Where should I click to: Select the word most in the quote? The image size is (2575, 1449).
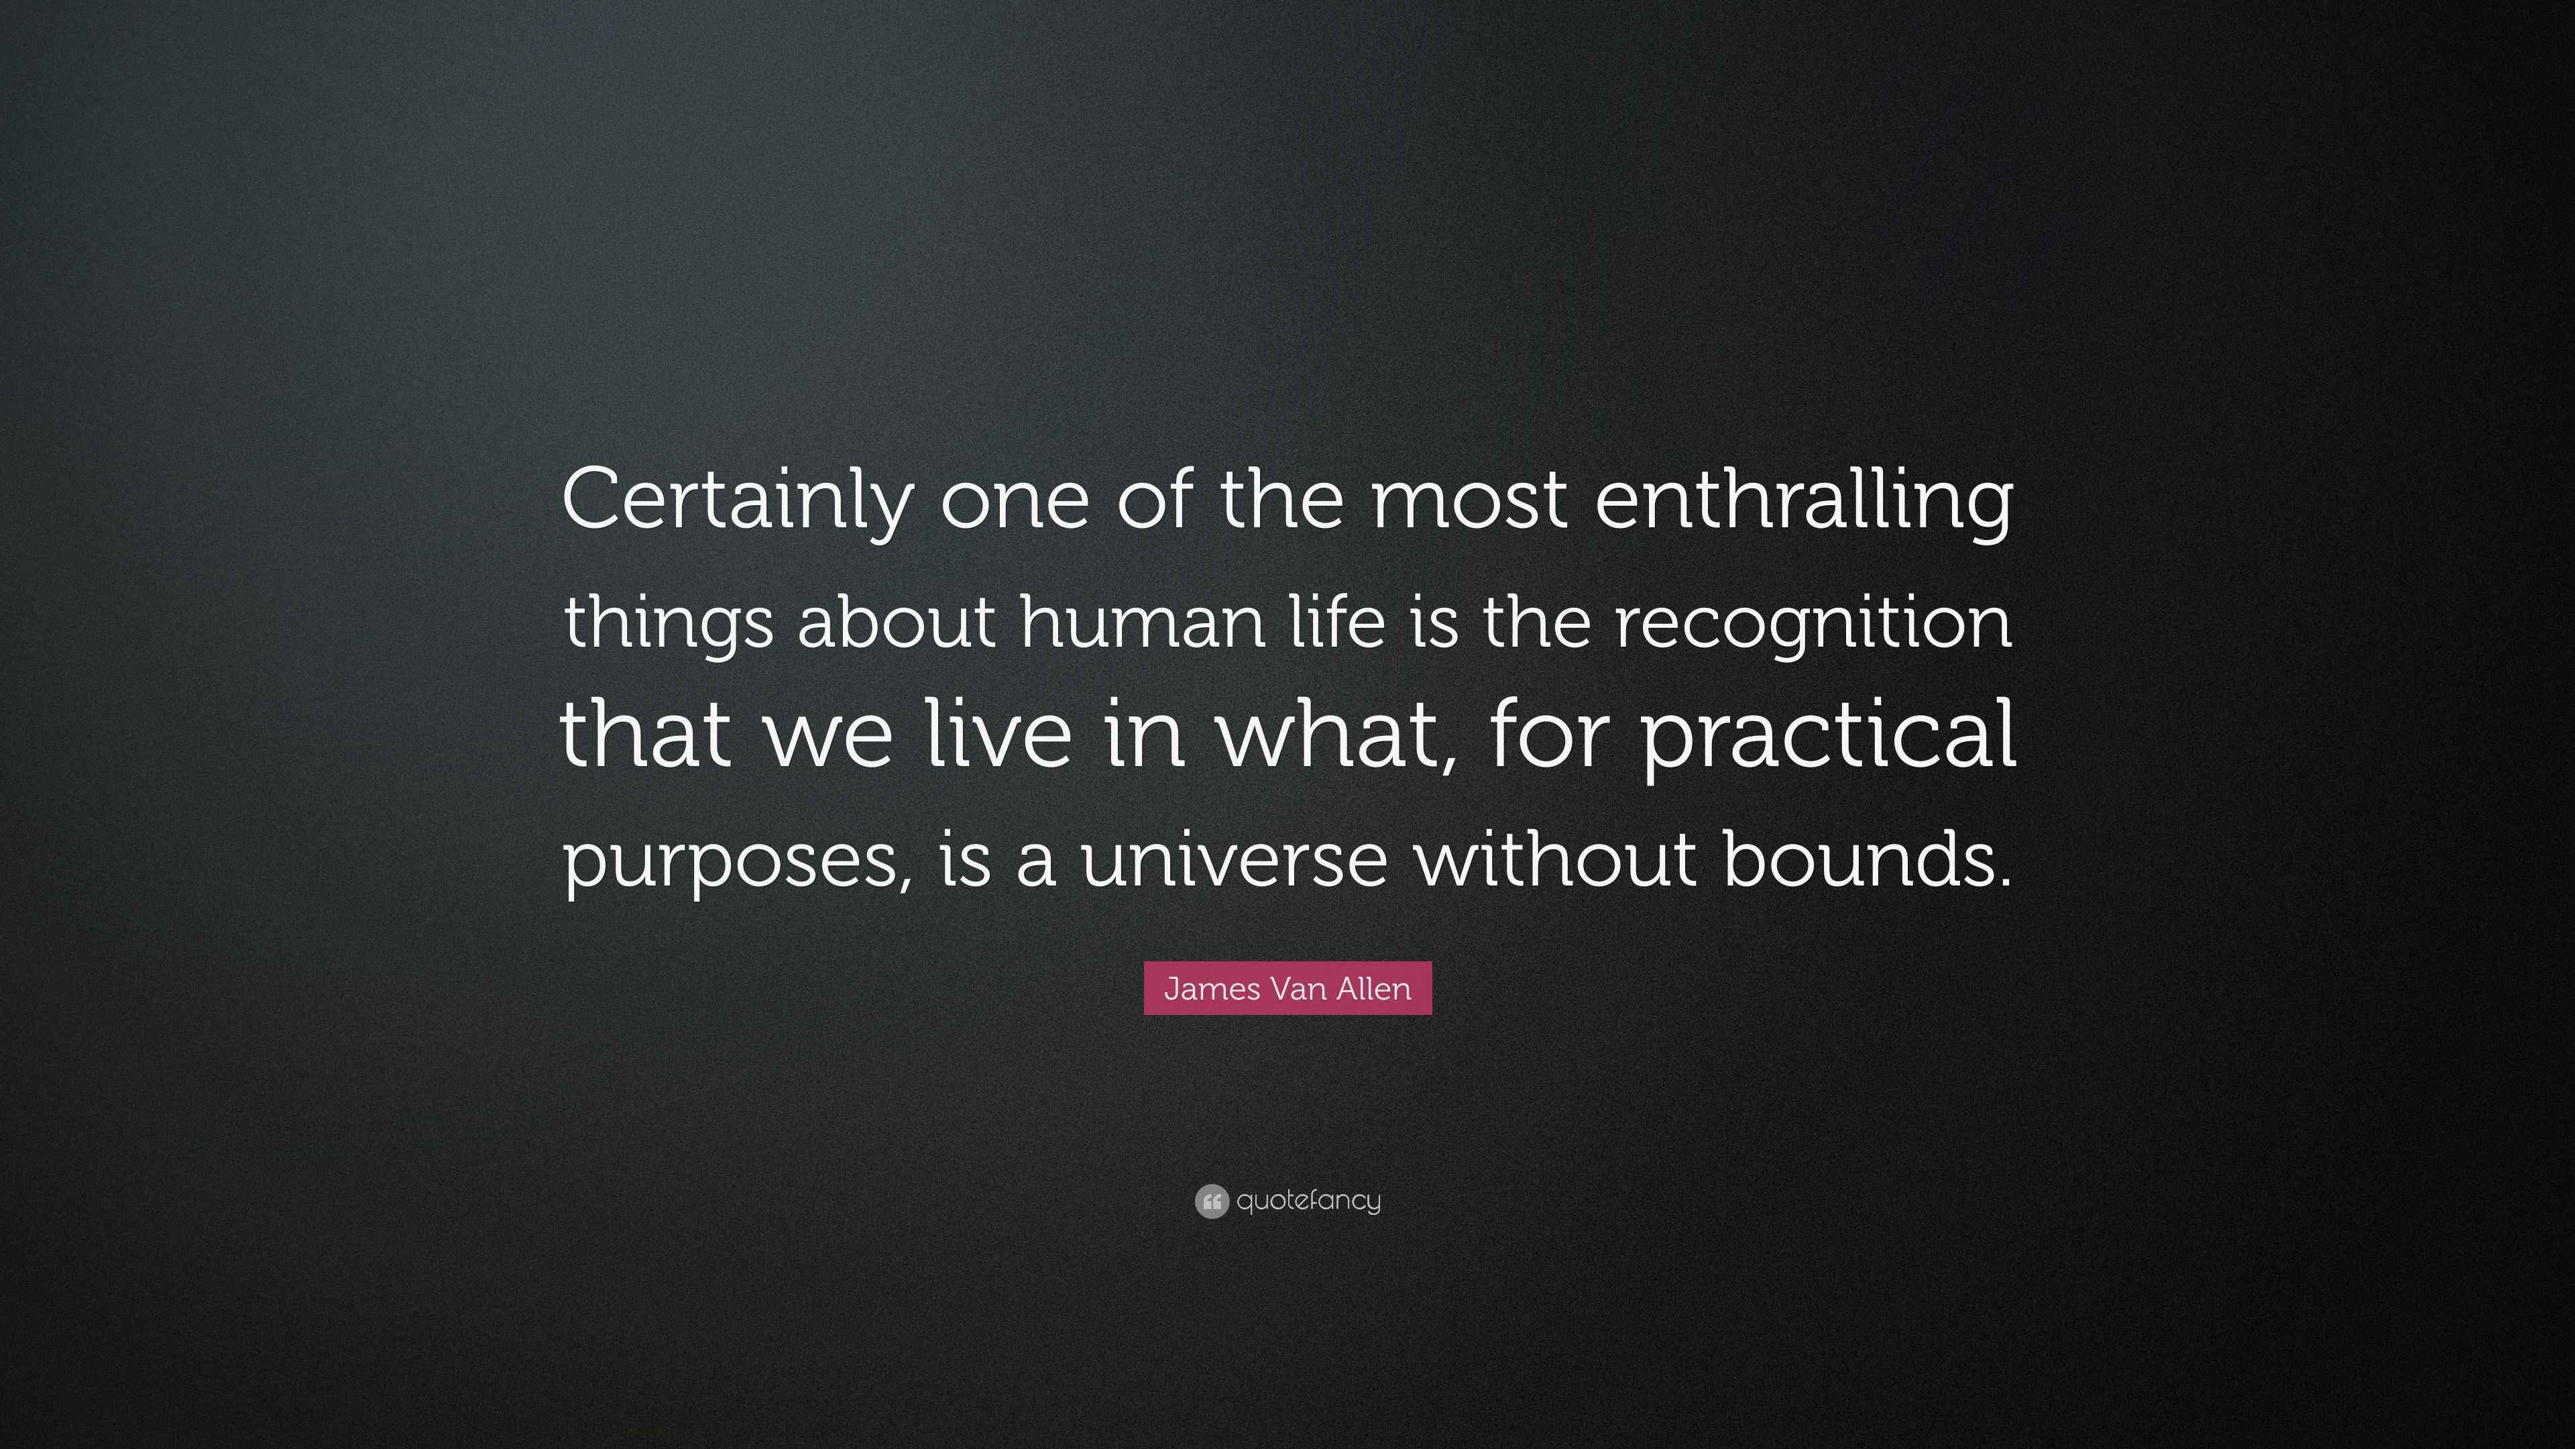[1469, 500]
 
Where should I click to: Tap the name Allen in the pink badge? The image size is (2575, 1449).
[1375, 988]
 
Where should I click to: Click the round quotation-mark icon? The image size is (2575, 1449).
[1210, 1201]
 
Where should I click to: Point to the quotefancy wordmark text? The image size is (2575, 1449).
[1308, 1201]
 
